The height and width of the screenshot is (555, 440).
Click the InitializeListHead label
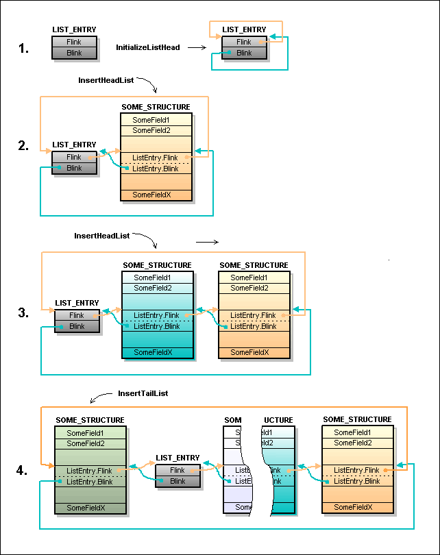[x=148, y=47]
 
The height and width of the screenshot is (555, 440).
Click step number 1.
[x=24, y=48]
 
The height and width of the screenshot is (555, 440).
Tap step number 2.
[x=24, y=145]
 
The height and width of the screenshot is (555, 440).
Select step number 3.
[x=24, y=313]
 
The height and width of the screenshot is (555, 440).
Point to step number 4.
[x=23, y=471]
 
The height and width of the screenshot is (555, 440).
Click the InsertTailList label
[x=143, y=394]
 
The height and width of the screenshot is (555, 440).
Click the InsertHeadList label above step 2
[x=106, y=80]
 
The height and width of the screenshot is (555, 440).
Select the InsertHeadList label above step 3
[x=101, y=236]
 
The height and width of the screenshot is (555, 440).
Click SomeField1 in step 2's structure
[x=151, y=120]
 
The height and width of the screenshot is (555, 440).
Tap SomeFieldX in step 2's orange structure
[x=151, y=195]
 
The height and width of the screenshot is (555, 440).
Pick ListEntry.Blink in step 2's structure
[x=155, y=169]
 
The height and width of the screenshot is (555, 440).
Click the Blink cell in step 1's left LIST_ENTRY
[x=73, y=53]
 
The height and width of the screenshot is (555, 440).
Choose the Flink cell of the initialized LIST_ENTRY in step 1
[x=244, y=42]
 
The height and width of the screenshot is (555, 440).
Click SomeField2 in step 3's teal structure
[x=153, y=288]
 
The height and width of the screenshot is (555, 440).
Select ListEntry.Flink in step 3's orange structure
[x=253, y=316]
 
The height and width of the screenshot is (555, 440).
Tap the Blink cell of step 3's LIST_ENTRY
[x=77, y=326]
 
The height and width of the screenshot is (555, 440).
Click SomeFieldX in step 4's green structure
[x=86, y=508]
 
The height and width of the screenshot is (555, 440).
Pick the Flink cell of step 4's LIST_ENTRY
[x=178, y=471]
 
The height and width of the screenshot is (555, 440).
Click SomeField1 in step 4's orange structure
[x=352, y=433]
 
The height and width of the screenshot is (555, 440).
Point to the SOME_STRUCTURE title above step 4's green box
[x=90, y=420]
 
